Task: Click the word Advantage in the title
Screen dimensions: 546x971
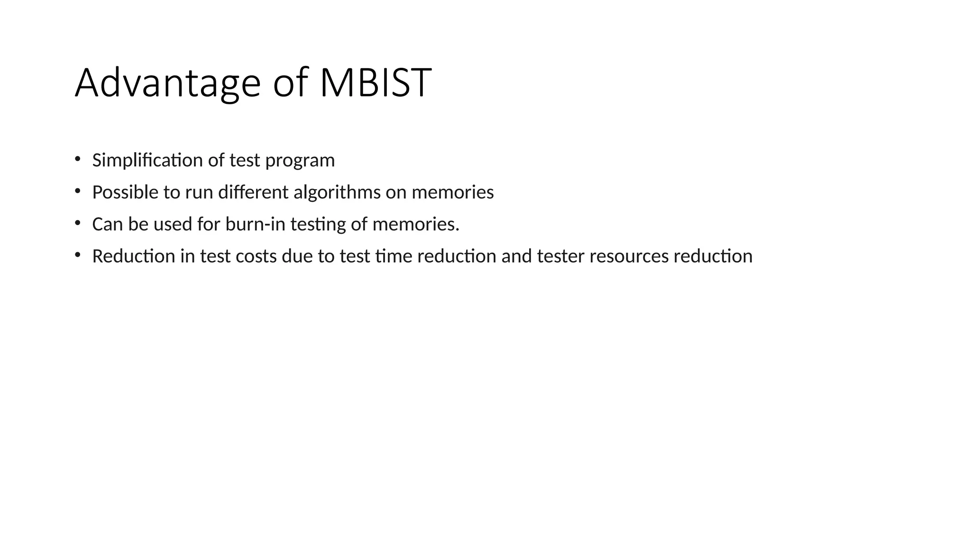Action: coord(167,83)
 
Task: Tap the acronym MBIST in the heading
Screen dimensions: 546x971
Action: coord(376,83)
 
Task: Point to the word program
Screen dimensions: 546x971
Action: coord(300,161)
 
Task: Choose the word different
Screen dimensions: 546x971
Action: coord(253,192)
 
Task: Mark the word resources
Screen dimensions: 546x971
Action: coord(629,256)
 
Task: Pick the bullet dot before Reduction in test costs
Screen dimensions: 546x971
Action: coord(77,255)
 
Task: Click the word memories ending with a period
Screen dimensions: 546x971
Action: coord(416,224)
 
